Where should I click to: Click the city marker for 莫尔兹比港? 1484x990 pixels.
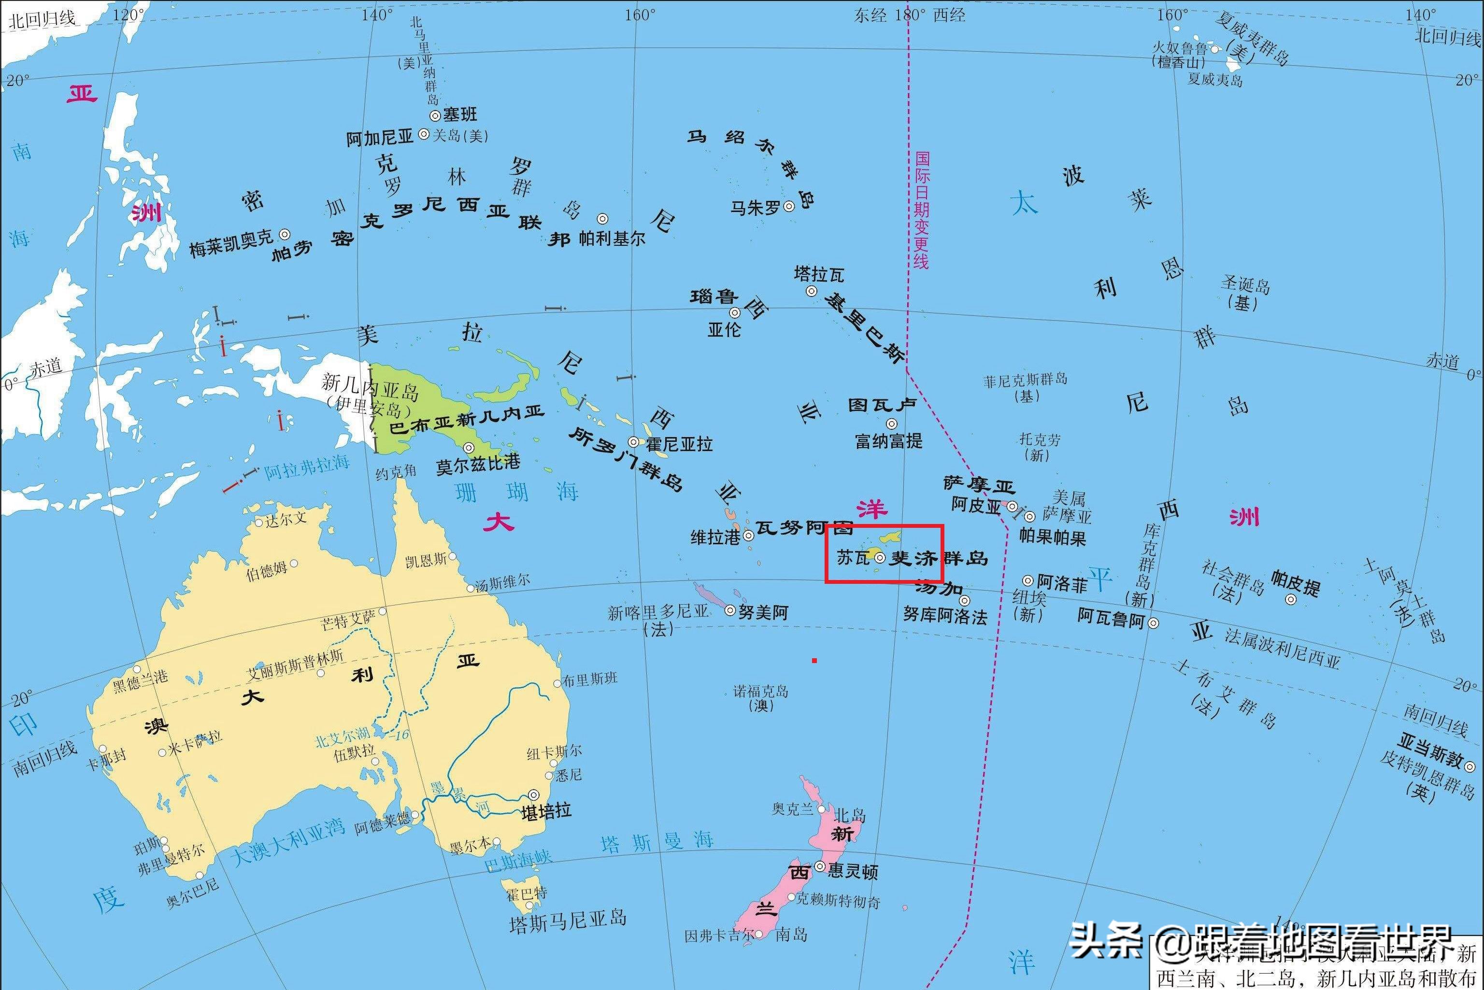[x=469, y=448]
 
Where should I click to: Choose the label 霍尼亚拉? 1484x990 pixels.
[x=679, y=444]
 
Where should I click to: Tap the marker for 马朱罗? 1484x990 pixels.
[x=789, y=206]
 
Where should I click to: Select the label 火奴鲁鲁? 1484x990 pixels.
[x=1180, y=49]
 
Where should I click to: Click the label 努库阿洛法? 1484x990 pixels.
[x=945, y=616]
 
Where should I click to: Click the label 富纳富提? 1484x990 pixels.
[x=888, y=441]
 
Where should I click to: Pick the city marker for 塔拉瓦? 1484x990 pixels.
[x=811, y=291]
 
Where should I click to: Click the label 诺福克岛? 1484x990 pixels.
[x=760, y=692]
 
